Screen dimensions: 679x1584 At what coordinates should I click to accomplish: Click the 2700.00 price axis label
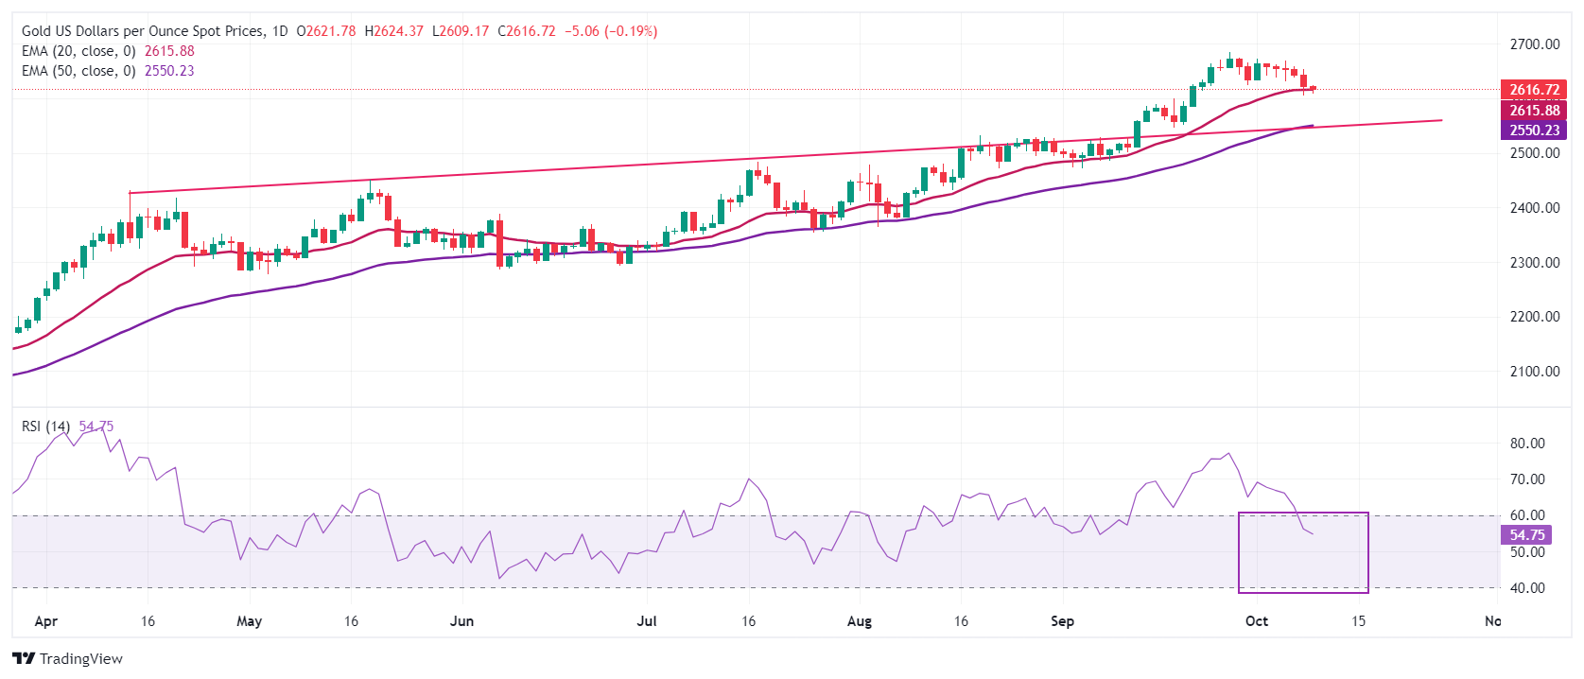pyautogui.click(x=1534, y=44)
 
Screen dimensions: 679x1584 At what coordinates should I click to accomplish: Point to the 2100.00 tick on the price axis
pyautogui.click(x=1534, y=372)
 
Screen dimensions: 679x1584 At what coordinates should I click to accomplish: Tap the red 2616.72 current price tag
pyautogui.click(x=1534, y=90)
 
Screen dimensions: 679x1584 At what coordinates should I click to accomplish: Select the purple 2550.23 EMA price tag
pyautogui.click(x=1534, y=131)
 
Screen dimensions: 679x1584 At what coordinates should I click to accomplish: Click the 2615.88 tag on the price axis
pyautogui.click(x=1534, y=111)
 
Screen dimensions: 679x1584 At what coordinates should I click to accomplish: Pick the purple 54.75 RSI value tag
pyautogui.click(x=1526, y=535)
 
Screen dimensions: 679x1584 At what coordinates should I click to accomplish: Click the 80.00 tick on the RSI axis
pyautogui.click(x=1527, y=444)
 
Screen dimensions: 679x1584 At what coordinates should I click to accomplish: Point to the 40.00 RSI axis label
pyautogui.click(x=1527, y=588)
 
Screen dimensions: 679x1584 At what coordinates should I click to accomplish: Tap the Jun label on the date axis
pyautogui.click(x=461, y=621)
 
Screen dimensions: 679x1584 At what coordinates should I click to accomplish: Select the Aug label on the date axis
pyautogui.click(x=859, y=621)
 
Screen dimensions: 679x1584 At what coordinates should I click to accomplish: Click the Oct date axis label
pyautogui.click(x=1257, y=621)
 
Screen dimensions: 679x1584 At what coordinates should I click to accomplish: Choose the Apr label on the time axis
pyautogui.click(x=45, y=621)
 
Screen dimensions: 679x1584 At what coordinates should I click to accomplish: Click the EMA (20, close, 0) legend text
pyautogui.click(x=78, y=51)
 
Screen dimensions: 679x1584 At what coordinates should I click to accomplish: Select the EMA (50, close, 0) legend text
pyautogui.click(x=78, y=71)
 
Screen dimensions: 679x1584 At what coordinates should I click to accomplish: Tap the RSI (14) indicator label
pyautogui.click(x=45, y=427)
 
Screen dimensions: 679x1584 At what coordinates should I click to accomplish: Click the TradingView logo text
pyautogui.click(x=80, y=659)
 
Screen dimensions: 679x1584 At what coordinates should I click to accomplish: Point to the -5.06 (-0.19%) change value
pyautogui.click(x=611, y=31)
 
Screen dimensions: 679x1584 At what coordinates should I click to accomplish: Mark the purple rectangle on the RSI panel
pyautogui.click(x=1303, y=552)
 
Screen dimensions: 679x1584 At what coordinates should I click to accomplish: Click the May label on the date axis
pyautogui.click(x=249, y=621)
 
